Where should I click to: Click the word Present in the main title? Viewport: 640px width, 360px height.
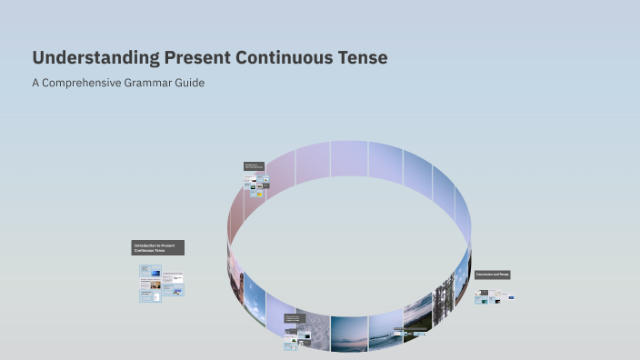(197, 58)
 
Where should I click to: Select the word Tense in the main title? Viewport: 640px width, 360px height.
(365, 58)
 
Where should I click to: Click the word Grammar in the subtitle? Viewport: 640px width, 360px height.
(151, 83)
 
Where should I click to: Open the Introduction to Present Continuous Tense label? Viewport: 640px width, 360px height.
(157, 247)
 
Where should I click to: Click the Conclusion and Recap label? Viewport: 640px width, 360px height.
(493, 274)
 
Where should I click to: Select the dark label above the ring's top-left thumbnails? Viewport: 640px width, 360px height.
(254, 166)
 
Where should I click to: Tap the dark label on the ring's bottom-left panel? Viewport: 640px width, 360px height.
(292, 318)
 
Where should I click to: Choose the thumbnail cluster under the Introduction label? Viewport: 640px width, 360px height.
(161, 283)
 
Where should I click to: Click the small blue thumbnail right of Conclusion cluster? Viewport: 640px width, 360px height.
(511, 297)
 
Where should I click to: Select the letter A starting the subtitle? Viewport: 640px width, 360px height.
(35, 83)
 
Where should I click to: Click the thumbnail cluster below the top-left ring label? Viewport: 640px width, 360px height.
(255, 185)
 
